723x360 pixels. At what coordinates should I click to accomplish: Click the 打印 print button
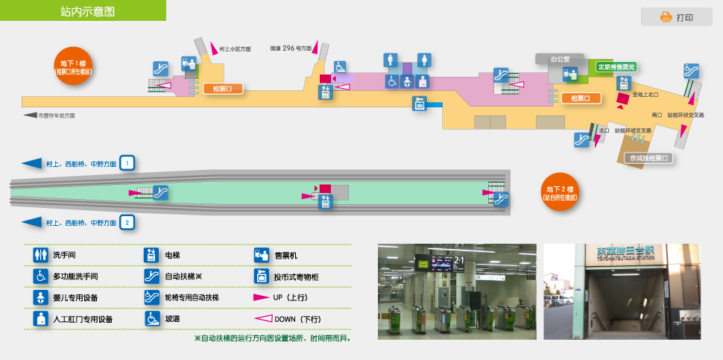pyautogui.click(x=676, y=17)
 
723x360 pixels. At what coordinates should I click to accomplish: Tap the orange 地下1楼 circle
pyautogui.click(x=73, y=66)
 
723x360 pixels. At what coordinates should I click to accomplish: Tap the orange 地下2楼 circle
pyautogui.click(x=561, y=192)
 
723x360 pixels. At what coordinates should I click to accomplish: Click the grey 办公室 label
pyautogui.click(x=559, y=58)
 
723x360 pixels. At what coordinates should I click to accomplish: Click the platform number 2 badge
pyautogui.click(x=127, y=222)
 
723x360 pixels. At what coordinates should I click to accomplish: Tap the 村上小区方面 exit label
pyautogui.click(x=236, y=48)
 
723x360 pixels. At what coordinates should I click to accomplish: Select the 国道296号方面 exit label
pyautogui.click(x=291, y=48)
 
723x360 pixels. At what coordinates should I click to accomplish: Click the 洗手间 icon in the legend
pyautogui.click(x=40, y=255)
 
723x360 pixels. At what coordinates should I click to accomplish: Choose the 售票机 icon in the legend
pyautogui.click(x=261, y=255)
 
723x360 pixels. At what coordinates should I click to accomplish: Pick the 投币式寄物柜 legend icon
pyautogui.click(x=261, y=276)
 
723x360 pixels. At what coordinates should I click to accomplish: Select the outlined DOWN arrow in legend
pyautogui.click(x=261, y=318)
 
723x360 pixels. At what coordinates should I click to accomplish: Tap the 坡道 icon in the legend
pyautogui.click(x=151, y=318)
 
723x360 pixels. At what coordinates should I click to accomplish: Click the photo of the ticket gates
pyautogui.click(x=457, y=291)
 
